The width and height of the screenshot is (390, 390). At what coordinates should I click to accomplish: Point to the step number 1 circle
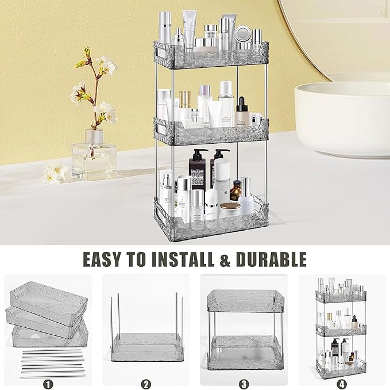tap(47, 383)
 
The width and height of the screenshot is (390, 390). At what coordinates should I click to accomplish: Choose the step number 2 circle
tap(146, 383)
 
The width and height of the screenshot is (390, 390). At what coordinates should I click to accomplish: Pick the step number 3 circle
tap(244, 383)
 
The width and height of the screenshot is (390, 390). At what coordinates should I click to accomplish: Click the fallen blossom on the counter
tap(55, 171)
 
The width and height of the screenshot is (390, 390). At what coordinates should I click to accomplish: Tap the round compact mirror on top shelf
tap(242, 33)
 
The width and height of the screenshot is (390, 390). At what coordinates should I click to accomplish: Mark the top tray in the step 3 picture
tap(244, 299)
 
